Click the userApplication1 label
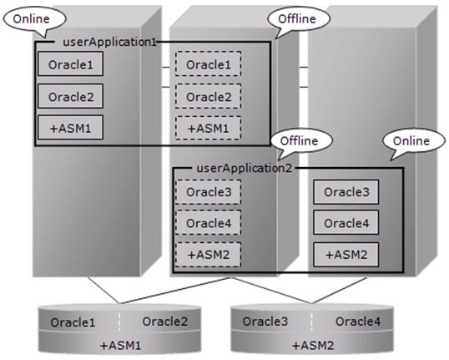(x=109, y=42)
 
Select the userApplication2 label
(x=245, y=168)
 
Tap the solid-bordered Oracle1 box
(x=70, y=64)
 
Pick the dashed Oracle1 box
(x=208, y=64)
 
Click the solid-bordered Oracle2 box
(x=70, y=96)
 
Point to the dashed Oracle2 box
(x=208, y=96)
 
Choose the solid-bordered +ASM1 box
(x=70, y=128)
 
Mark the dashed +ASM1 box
(x=208, y=128)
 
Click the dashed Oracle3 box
(x=208, y=192)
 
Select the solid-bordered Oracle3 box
(x=346, y=192)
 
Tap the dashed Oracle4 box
(x=208, y=223)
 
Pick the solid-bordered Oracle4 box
(x=346, y=222)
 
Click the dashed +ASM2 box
(x=208, y=255)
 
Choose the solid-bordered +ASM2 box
(x=346, y=255)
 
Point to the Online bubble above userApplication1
(x=35, y=19)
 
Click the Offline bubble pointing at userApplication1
(x=299, y=19)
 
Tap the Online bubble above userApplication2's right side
(x=414, y=141)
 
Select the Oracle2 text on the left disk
(x=165, y=322)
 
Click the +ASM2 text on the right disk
(x=313, y=345)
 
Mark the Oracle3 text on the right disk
(x=265, y=322)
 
